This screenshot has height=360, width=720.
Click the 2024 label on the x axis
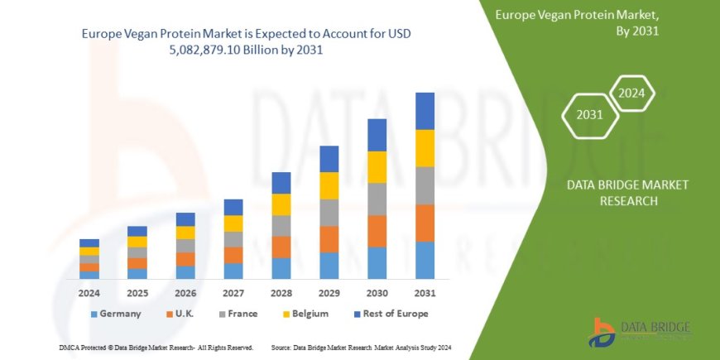click(x=89, y=292)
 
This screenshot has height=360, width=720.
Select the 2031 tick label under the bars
click(x=425, y=292)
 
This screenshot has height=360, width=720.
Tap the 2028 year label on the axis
click(x=281, y=292)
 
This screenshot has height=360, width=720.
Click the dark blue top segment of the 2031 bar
click(x=425, y=111)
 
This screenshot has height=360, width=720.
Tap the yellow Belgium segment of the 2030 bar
click(x=377, y=167)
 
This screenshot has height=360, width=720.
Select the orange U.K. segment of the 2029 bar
click(x=329, y=239)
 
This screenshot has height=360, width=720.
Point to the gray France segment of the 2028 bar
click(x=281, y=226)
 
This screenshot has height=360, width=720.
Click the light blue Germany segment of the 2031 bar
click(x=425, y=260)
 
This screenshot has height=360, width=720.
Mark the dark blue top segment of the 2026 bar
click(x=185, y=219)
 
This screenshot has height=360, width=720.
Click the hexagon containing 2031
click(x=589, y=115)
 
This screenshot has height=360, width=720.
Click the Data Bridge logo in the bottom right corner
click(x=638, y=331)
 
